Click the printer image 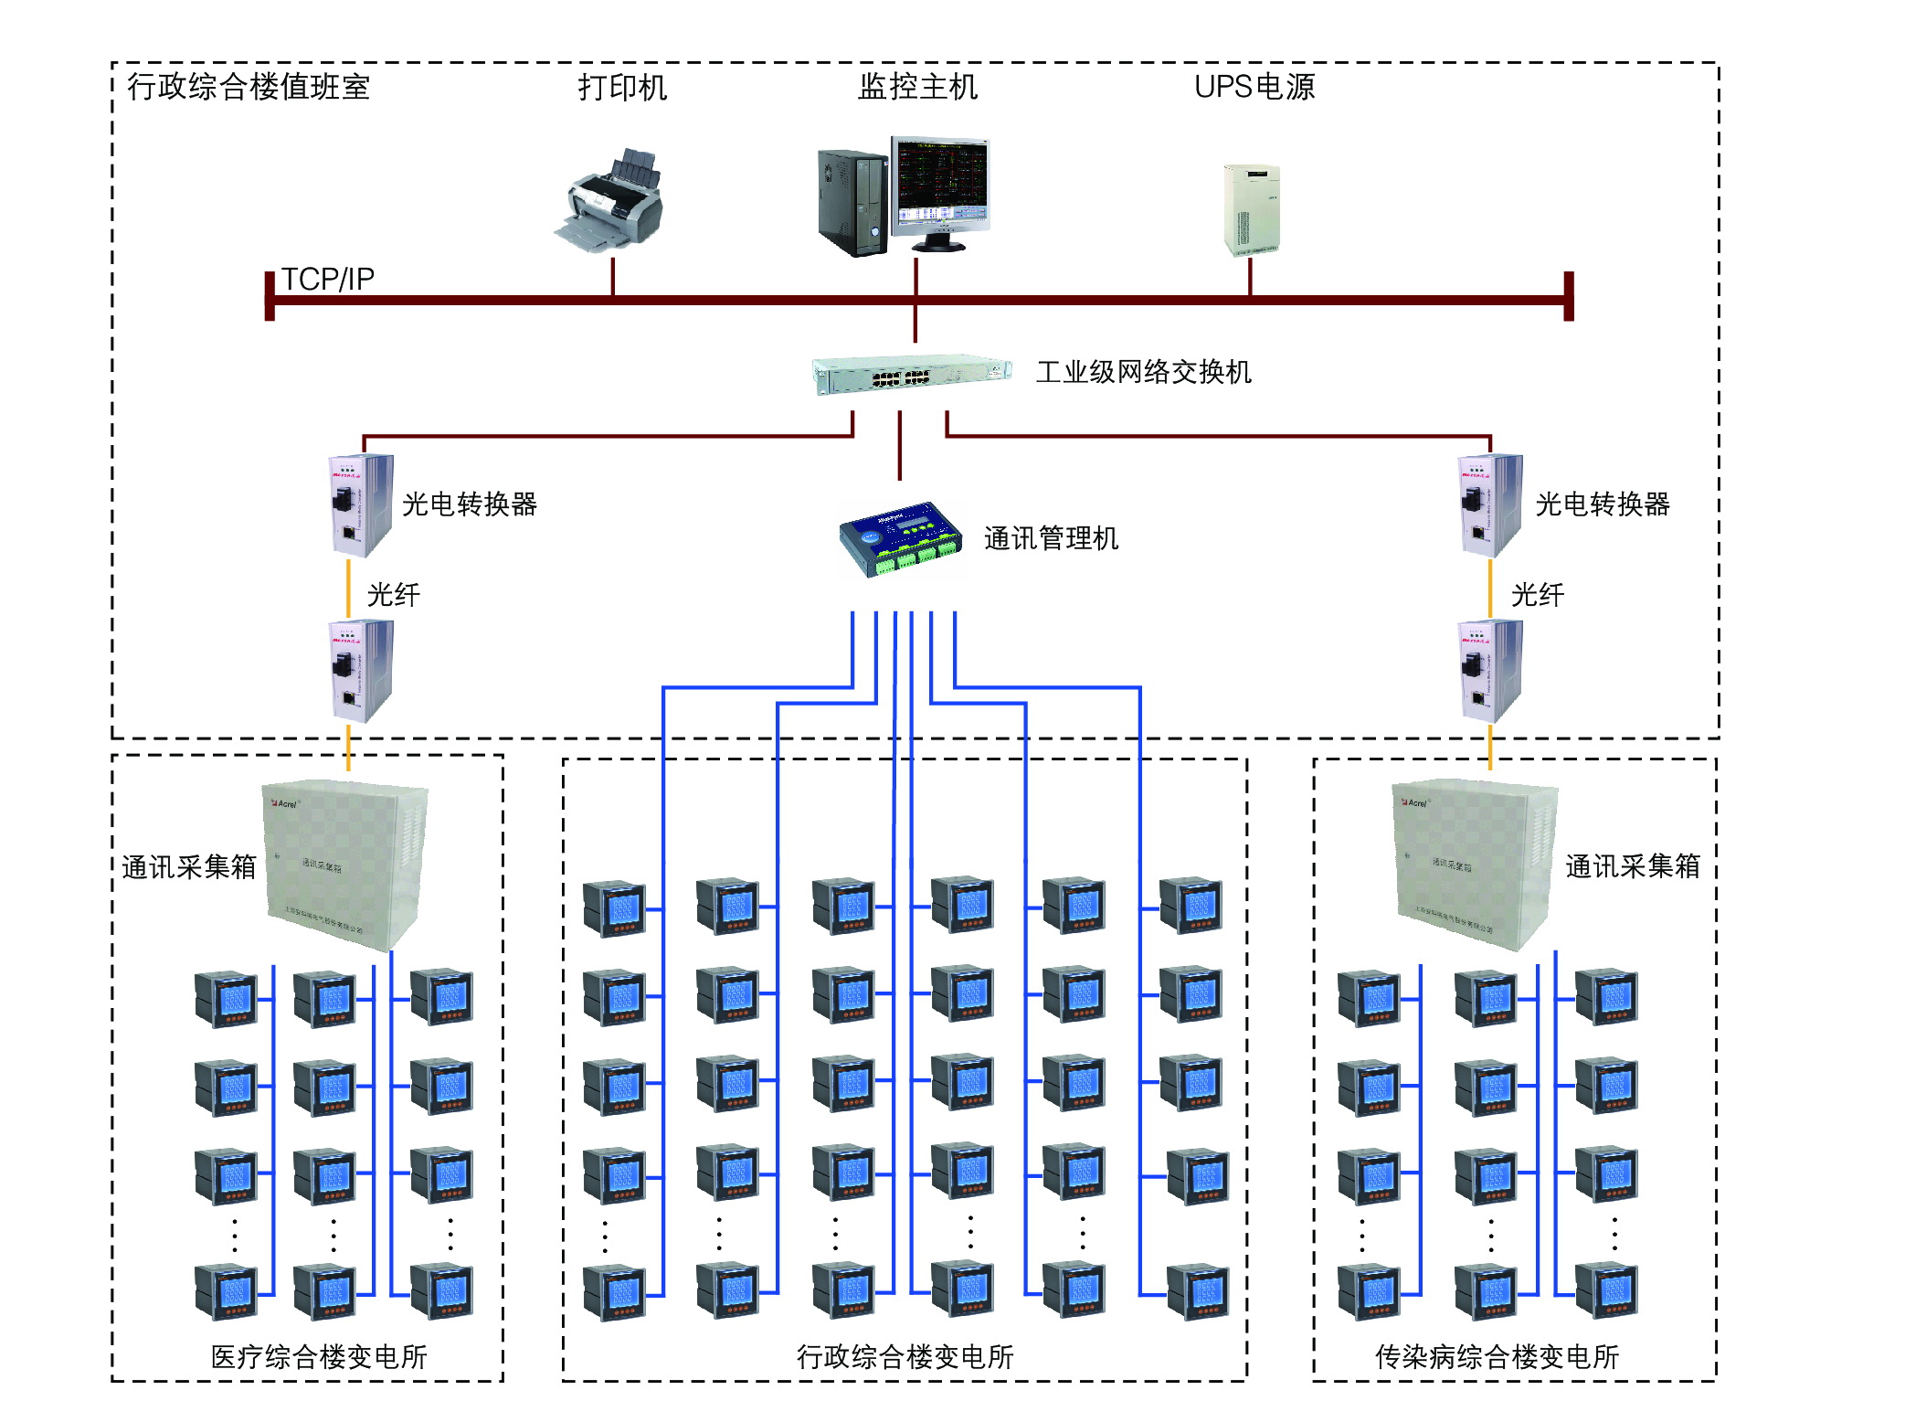609,202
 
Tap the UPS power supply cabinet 1251,208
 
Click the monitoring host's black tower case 852,203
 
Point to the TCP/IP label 327,279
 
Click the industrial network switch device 912,375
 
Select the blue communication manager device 900,538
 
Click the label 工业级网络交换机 1143,372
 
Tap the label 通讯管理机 1051,538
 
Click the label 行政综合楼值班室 249,87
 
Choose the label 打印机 622,88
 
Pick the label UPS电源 1254,87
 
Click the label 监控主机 918,87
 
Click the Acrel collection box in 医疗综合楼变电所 344,863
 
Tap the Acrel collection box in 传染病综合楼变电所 1473,863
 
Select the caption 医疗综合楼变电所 319,1356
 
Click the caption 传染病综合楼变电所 1497,1356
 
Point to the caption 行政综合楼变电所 905,1356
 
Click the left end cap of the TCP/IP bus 270,296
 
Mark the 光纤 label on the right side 1537,595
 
